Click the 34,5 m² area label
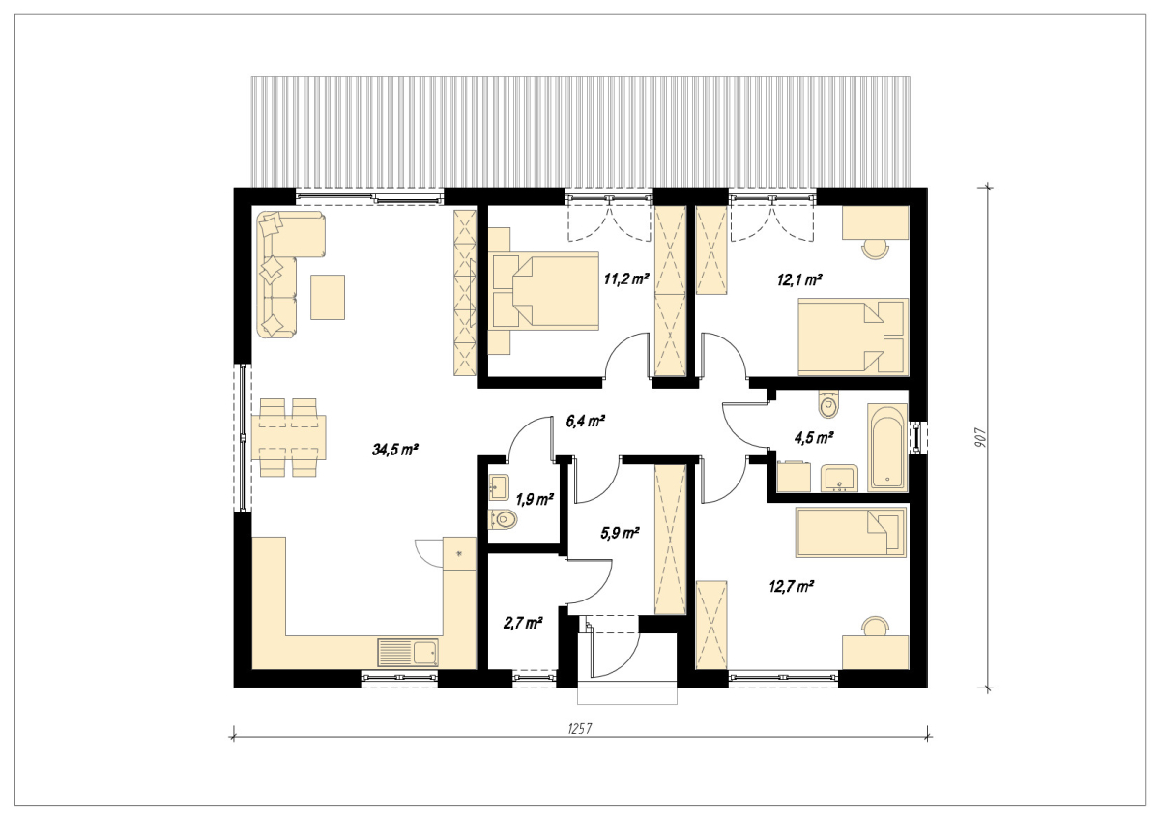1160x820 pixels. click(x=395, y=450)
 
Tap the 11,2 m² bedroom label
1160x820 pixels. click(x=626, y=279)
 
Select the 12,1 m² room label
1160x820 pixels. click(x=799, y=280)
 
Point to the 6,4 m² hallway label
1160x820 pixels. click(x=586, y=421)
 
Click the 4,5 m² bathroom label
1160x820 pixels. click(x=814, y=438)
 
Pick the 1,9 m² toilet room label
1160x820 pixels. click(x=535, y=499)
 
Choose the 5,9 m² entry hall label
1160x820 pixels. click(x=620, y=533)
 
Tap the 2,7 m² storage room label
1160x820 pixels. click(x=523, y=623)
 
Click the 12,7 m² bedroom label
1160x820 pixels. click(x=792, y=587)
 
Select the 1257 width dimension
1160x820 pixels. click(x=580, y=729)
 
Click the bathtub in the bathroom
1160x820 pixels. click(x=887, y=448)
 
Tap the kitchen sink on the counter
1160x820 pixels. click(x=408, y=652)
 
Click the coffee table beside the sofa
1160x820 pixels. click(x=328, y=297)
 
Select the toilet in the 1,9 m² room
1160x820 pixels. click(x=503, y=520)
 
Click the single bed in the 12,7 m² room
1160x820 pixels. click(x=852, y=532)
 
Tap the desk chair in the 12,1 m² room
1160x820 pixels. click(x=875, y=249)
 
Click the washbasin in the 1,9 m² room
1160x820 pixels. click(x=499, y=487)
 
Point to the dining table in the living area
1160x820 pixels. click(x=289, y=437)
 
